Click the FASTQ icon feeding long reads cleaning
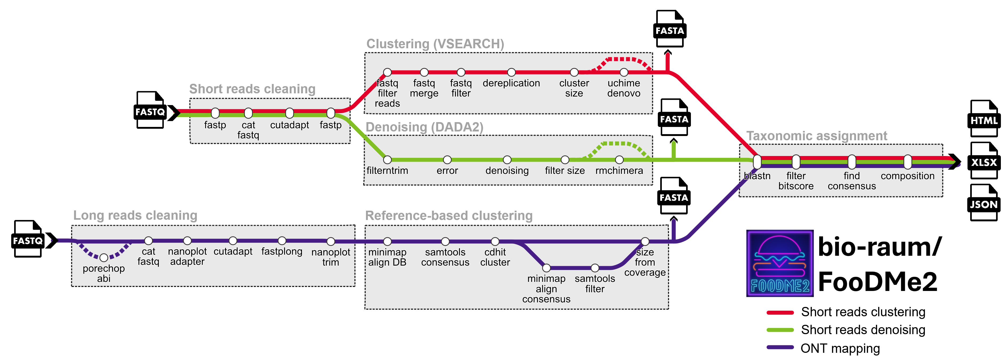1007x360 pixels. [28, 239]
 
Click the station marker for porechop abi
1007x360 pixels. [104, 258]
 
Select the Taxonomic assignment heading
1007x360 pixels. [816, 136]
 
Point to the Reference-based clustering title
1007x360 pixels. [448, 215]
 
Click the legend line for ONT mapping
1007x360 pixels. [780, 347]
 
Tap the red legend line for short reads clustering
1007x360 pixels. [780, 312]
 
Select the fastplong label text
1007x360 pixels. [281, 251]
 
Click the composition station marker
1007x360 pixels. [907, 161]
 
